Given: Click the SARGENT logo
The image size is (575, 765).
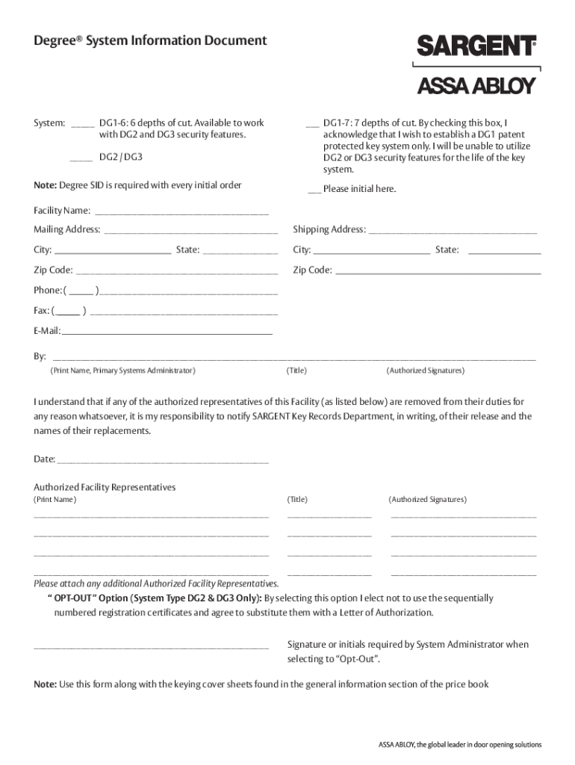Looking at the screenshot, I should click(x=476, y=46).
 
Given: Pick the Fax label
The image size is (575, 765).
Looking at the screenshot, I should click(x=41, y=311).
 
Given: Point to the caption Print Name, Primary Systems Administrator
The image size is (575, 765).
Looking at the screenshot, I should click(x=122, y=371).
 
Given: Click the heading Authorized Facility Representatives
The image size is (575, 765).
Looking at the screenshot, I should click(x=105, y=487).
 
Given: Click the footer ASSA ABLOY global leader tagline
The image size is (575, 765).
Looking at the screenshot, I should click(x=459, y=745).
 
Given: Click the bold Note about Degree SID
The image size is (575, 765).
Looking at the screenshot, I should click(x=45, y=185).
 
